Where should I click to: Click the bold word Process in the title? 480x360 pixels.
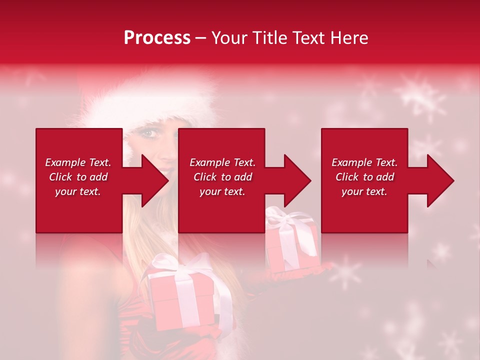[157, 38]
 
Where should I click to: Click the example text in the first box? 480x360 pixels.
[78, 177]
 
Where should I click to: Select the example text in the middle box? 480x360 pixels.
[222, 177]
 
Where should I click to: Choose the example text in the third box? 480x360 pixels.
[364, 177]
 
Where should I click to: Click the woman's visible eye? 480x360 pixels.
[148, 133]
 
